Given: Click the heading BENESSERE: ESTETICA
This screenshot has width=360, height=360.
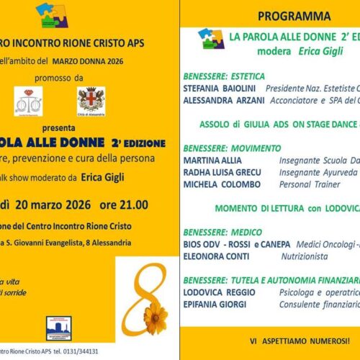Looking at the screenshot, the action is click(x=223, y=76).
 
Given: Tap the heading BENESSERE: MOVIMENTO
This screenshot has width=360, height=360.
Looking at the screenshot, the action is click(x=228, y=146).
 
